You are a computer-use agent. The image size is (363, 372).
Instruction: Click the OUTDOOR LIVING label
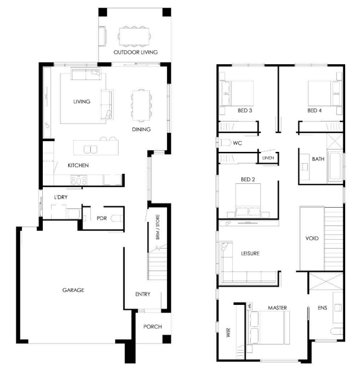(x=135, y=52)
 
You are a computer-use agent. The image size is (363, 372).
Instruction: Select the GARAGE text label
(x=73, y=290)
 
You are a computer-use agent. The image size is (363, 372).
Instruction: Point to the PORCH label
(x=153, y=327)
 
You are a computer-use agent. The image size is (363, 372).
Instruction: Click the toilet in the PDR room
(x=117, y=218)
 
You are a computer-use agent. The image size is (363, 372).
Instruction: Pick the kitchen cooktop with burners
(x=79, y=180)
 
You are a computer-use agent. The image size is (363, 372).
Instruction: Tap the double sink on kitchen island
(x=90, y=150)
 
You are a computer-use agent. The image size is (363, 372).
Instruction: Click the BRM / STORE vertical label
(x=157, y=227)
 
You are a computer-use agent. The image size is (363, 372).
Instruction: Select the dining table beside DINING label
(x=141, y=106)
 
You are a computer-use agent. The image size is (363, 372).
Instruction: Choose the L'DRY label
(x=61, y=197)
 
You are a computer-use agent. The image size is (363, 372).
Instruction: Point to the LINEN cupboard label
(x=268, y=158)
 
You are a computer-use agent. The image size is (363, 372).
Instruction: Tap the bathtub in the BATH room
(x=335, y=166)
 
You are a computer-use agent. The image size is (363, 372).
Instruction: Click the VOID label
(x=312, y=238)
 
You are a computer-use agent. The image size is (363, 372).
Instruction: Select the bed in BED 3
(x=237, y=93)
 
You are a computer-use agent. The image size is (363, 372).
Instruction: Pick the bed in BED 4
(x=324, y=93)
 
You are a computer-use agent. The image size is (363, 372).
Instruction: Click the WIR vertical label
(x=228, y=333)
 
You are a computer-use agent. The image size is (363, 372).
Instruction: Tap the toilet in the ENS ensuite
(x=337, y=331)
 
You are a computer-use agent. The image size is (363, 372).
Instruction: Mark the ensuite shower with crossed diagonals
(x=326, y=281)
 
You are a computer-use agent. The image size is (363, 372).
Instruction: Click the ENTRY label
(x=143, y=294)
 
